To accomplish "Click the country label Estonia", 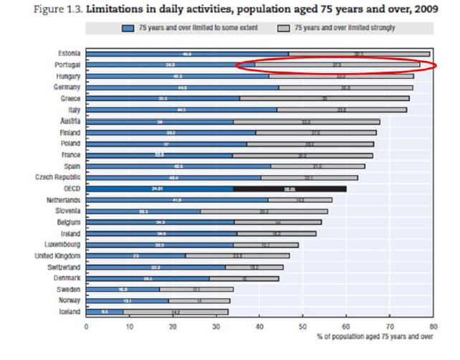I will point(69,54).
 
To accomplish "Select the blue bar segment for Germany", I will point(182,87).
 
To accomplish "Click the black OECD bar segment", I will point(289,189).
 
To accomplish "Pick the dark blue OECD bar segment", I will point(159,189).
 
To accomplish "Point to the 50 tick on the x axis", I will point(303,326).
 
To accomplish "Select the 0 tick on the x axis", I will point(86,326).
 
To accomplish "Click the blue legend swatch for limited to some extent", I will point(129,29).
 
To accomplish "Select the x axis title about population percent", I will point(375,336).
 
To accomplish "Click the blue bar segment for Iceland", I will point(104,312).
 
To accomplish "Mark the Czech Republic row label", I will point(58,177).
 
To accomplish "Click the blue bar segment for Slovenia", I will point(143,212).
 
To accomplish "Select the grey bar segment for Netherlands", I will point(300,200).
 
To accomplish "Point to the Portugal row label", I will point(67,65).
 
